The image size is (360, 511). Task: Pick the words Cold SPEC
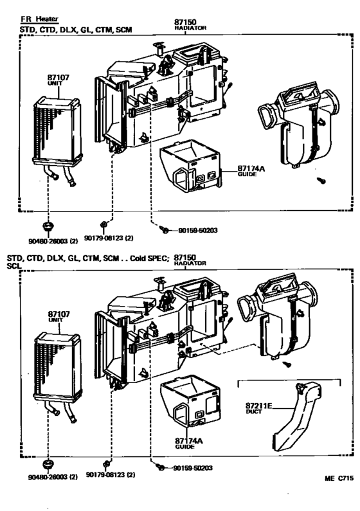pyautogui.click(x=148, y=258)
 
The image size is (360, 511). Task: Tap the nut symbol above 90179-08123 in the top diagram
pyautogui.click(x=104, y=226)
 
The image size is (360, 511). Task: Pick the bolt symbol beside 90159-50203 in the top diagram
pyautogui.click(x=165, y=229)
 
